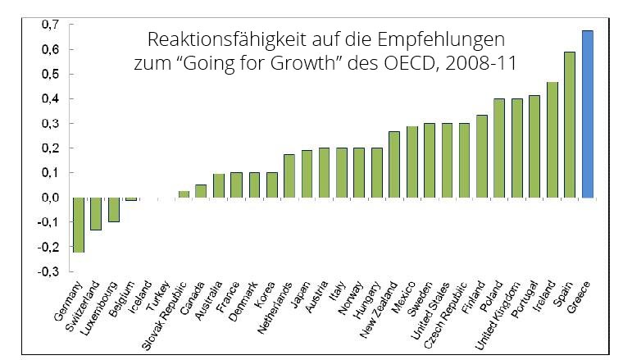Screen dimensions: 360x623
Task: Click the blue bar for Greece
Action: [588, 114]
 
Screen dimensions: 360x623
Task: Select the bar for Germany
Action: [78, 225]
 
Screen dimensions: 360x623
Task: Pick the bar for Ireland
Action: [553, 139]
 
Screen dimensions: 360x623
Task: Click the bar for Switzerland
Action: [96, 213]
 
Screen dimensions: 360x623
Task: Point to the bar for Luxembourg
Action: [113, 209]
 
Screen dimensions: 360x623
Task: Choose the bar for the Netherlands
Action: [289, 175]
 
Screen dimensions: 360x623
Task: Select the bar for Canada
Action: [201, 191]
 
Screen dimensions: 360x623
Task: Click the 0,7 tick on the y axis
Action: [51, 25]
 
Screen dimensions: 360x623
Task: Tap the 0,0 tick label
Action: [51, 198]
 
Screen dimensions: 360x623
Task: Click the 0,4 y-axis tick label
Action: [51, 98]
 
